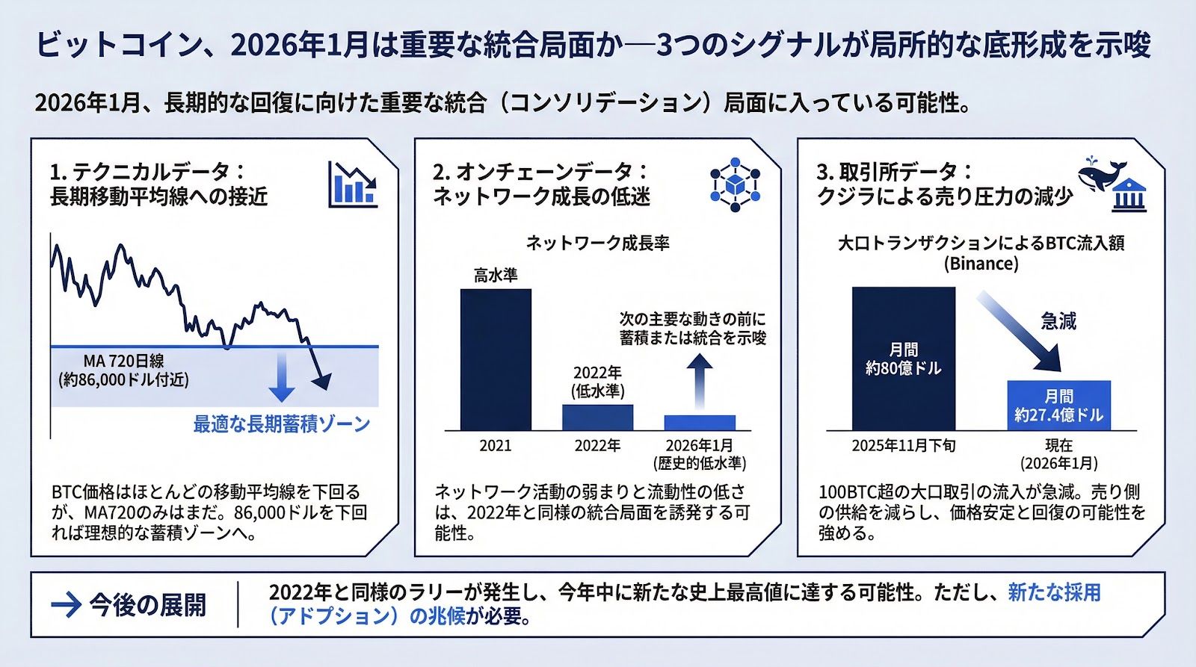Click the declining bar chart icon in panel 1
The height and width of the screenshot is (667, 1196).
(353, 184)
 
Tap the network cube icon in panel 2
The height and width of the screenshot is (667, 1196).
(735, 184)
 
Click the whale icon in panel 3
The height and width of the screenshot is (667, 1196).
(1104, 175)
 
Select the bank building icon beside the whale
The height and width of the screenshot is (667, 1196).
(1129, 196)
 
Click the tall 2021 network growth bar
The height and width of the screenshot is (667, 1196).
(496, 359)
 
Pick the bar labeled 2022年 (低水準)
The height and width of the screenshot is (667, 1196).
(597, 417)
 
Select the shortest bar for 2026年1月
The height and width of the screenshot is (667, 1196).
(700, 422)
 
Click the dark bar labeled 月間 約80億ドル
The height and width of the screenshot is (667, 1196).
(903, 359)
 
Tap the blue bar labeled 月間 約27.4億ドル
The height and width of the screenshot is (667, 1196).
(1058, 406)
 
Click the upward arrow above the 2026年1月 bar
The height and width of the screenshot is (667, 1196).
(700, 380)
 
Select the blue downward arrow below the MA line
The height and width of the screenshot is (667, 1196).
(281, 377)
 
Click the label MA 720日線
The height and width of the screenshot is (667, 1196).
(124, 362)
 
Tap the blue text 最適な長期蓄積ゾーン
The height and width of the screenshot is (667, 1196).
(282, 424)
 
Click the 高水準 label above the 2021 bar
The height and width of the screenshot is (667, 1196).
(496, 275)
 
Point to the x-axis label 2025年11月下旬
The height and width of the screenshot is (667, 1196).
(903, 446)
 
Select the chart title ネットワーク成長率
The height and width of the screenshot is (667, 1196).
(597, 243)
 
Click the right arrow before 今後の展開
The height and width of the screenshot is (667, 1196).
(66, 604)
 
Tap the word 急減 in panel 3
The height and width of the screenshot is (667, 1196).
(1058, 321)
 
